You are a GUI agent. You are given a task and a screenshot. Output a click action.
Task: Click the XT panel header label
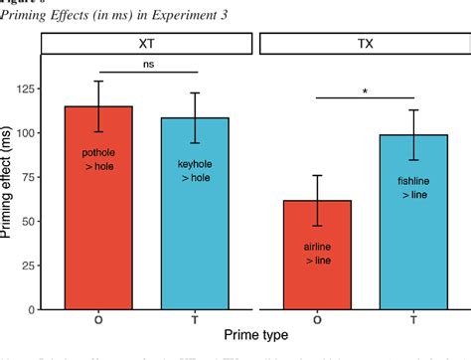click(147, 44)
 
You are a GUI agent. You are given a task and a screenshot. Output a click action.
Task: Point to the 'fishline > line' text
click(413, 189)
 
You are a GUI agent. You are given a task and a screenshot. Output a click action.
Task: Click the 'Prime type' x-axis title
click(255, 337)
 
